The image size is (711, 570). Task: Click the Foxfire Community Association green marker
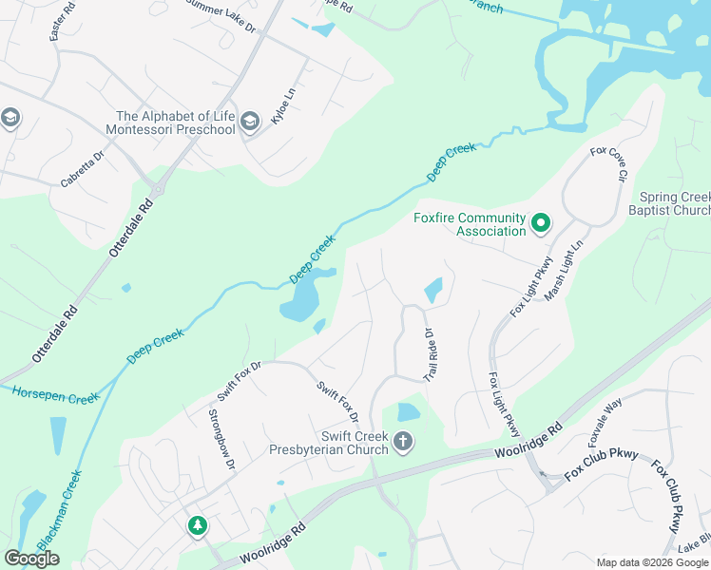pyautogui.click(x=541, y=224)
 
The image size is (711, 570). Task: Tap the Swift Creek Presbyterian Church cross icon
pyautogui.click(x=403, y=442)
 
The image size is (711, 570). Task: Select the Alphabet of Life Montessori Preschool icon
pyautogui.click(x=249, y=121)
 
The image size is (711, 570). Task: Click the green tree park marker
pyautogui.click(x=197, y=525)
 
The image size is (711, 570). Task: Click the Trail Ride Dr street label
pyautogui.click(x=429, y=354)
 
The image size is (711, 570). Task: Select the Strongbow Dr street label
pyautogui.click(x=221, y=439)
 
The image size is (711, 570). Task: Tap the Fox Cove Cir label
pyautogui.click(x=609, y=163)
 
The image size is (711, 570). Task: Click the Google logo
pyautogui.click(x=31, y=558)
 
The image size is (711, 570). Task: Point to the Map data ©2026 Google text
pyautogui.click(x=651, y=562)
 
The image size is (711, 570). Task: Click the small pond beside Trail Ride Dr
pyautogui.click(x=432, y=289)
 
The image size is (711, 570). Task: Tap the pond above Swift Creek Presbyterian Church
pyautogui.click(x=408, y=411)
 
